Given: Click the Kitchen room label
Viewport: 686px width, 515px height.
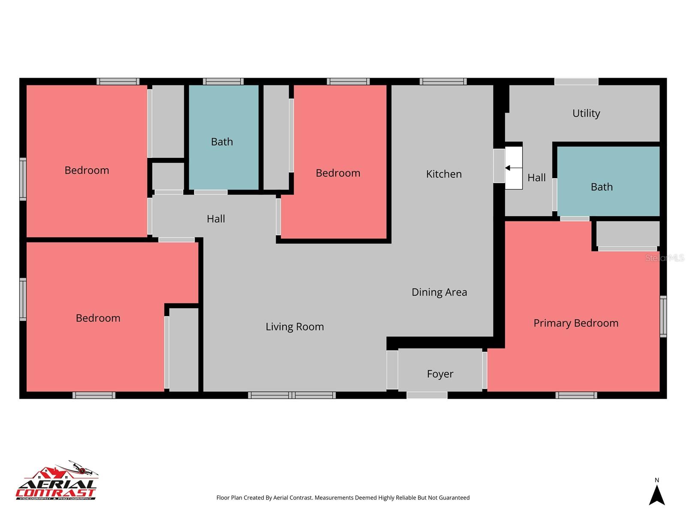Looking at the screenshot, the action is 444,174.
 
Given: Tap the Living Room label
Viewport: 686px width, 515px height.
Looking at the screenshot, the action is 295,327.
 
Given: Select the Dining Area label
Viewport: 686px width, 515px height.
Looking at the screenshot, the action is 439,292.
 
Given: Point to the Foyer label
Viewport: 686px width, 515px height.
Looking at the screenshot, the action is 440,374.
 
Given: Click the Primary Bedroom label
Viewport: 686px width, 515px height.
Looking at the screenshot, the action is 576,323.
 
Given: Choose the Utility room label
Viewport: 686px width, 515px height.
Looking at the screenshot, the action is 586,113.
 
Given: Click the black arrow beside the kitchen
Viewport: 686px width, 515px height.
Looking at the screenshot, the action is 513,168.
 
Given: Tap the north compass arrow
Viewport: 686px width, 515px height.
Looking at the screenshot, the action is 656,495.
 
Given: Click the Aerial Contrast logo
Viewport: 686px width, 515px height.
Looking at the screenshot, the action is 57,480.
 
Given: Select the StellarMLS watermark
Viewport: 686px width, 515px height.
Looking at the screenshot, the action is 665,257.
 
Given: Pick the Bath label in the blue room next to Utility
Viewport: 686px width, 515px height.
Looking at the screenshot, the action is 602,187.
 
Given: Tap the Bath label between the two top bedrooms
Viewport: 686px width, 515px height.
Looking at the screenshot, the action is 222,142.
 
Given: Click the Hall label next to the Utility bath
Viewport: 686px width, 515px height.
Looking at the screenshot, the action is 536,178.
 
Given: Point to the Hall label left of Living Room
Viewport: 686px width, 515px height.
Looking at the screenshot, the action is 216,219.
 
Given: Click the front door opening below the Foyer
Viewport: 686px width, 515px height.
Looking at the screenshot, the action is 427,395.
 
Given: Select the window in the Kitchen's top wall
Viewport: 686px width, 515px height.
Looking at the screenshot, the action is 443,82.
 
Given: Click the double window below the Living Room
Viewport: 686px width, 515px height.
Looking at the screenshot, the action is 292,395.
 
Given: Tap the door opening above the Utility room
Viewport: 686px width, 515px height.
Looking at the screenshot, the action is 576,82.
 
